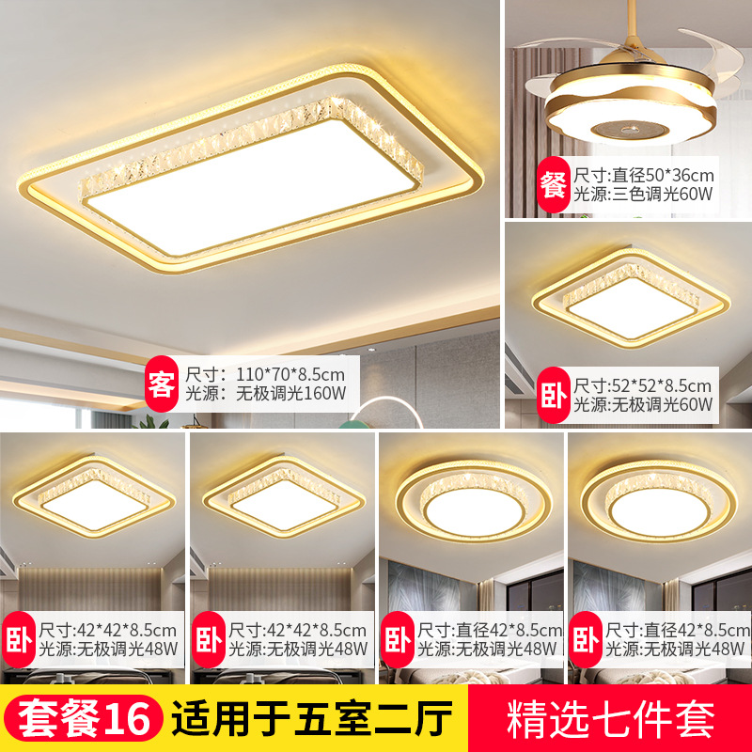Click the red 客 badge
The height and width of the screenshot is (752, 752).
coord(162,384)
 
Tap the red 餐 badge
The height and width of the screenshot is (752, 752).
coord(553,184)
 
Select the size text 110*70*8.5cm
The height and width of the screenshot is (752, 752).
coord(290,374)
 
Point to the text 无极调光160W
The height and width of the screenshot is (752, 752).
coord(290,393)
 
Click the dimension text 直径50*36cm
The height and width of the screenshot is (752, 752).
coord(664,176)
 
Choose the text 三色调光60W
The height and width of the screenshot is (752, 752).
coord(663,195)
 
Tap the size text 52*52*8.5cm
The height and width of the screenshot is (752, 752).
coord(662,385)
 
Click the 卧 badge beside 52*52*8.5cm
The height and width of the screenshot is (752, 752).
coord(553,395)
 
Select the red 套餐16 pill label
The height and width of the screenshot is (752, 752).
coord(83,718)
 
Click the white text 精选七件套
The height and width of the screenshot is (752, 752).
coord(610,718)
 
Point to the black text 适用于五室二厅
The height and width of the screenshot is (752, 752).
coord(312,718)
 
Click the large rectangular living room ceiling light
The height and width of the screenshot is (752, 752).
coord(250,169)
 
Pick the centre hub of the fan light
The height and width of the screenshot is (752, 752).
coord(629,129)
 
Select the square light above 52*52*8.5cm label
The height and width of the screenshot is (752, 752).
coord(631,298)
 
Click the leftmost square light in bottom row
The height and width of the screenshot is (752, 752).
coord(94,496)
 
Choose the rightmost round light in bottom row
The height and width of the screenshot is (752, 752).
coord(659,501)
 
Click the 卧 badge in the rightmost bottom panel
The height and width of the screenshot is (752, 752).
coord(586,640)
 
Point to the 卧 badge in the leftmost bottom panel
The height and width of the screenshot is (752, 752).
coord(19,640)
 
